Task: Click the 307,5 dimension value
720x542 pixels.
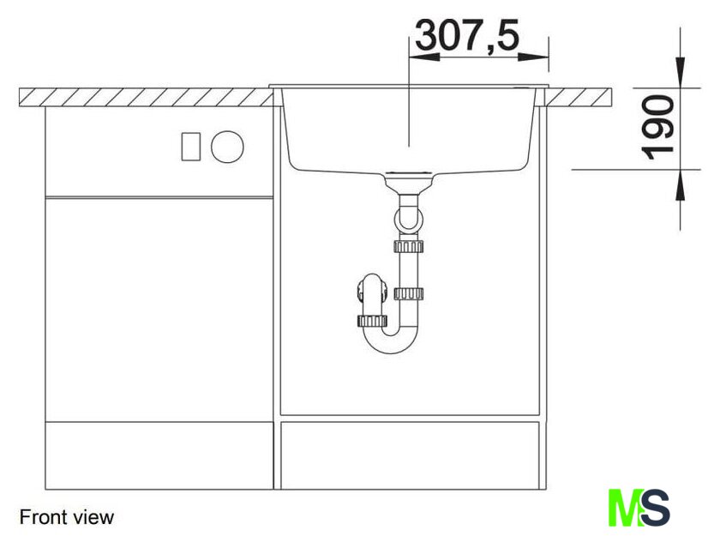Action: coord(467,35)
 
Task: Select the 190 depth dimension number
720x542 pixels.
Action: coord(657,127)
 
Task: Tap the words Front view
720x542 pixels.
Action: coord(67,517)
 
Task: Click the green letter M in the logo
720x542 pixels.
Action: coord(624,508)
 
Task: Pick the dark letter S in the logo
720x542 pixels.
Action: coord(655,508)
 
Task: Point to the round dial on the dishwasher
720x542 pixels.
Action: coord(227,147)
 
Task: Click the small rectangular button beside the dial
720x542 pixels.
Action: coord(190,147)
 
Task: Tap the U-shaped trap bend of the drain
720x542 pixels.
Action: coord(391,340)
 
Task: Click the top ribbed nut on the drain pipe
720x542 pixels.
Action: coord(408,247)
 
